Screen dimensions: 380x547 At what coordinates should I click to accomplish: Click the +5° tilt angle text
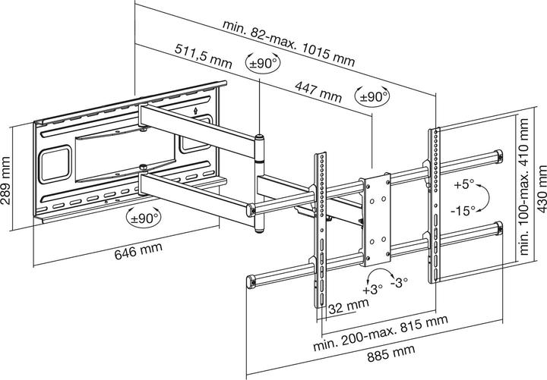click(x=463, y=184)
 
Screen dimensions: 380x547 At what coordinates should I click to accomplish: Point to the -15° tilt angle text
click(x=463, y=209)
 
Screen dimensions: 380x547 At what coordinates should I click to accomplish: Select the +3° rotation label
click(x=372, y=290)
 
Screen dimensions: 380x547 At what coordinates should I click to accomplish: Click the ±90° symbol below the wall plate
click(x=143, y=219)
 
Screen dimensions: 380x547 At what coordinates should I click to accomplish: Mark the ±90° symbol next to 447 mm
click(x=372, y=97)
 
